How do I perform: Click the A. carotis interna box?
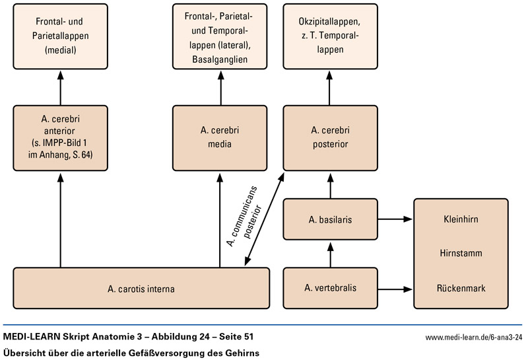tap(141, 287)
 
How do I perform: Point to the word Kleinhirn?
tap(460, 219)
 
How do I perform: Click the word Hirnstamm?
tap(460, 253)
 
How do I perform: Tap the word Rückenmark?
tap(460, 288)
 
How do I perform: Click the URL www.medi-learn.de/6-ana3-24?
tap(473, 338)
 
